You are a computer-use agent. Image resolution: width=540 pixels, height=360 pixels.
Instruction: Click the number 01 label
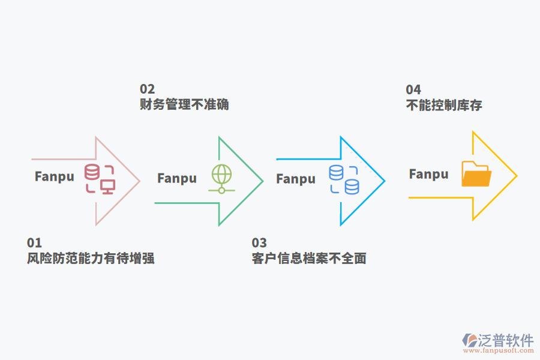point(34,242)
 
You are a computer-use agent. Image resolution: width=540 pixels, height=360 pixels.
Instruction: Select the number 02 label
point(147,89)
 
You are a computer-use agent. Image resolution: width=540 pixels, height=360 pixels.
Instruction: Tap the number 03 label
point(259,242)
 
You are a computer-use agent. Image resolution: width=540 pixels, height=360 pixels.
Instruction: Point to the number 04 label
point(413,89)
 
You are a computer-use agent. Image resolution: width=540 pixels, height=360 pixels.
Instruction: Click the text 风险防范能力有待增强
point(91,259)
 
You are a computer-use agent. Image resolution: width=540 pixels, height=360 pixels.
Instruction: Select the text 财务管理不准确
point(184,105)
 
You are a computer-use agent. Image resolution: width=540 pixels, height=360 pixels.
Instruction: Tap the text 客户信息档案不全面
point(309,259)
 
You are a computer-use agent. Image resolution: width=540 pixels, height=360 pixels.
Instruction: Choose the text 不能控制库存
point(444,106)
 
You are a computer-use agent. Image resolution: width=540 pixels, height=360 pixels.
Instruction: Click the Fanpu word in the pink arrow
point(55,176)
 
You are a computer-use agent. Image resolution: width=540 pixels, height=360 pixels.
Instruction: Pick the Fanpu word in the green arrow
point(177,178)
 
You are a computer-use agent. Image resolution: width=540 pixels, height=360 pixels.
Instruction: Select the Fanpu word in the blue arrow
point(296,179)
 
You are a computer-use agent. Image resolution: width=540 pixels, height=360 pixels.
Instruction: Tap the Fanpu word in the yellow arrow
point(429,174)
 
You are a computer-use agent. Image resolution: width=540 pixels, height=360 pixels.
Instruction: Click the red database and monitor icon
point(100,179)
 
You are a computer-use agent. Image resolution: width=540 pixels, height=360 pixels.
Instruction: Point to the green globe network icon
point(221,178)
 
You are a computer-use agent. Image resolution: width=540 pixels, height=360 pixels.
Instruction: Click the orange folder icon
point(476,174)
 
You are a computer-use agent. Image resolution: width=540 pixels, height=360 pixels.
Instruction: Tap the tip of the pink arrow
point(139,181)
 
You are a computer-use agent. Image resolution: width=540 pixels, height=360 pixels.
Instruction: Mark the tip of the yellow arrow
point(516,176)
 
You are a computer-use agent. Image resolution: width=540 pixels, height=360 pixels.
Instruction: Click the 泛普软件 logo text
point(506,340)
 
